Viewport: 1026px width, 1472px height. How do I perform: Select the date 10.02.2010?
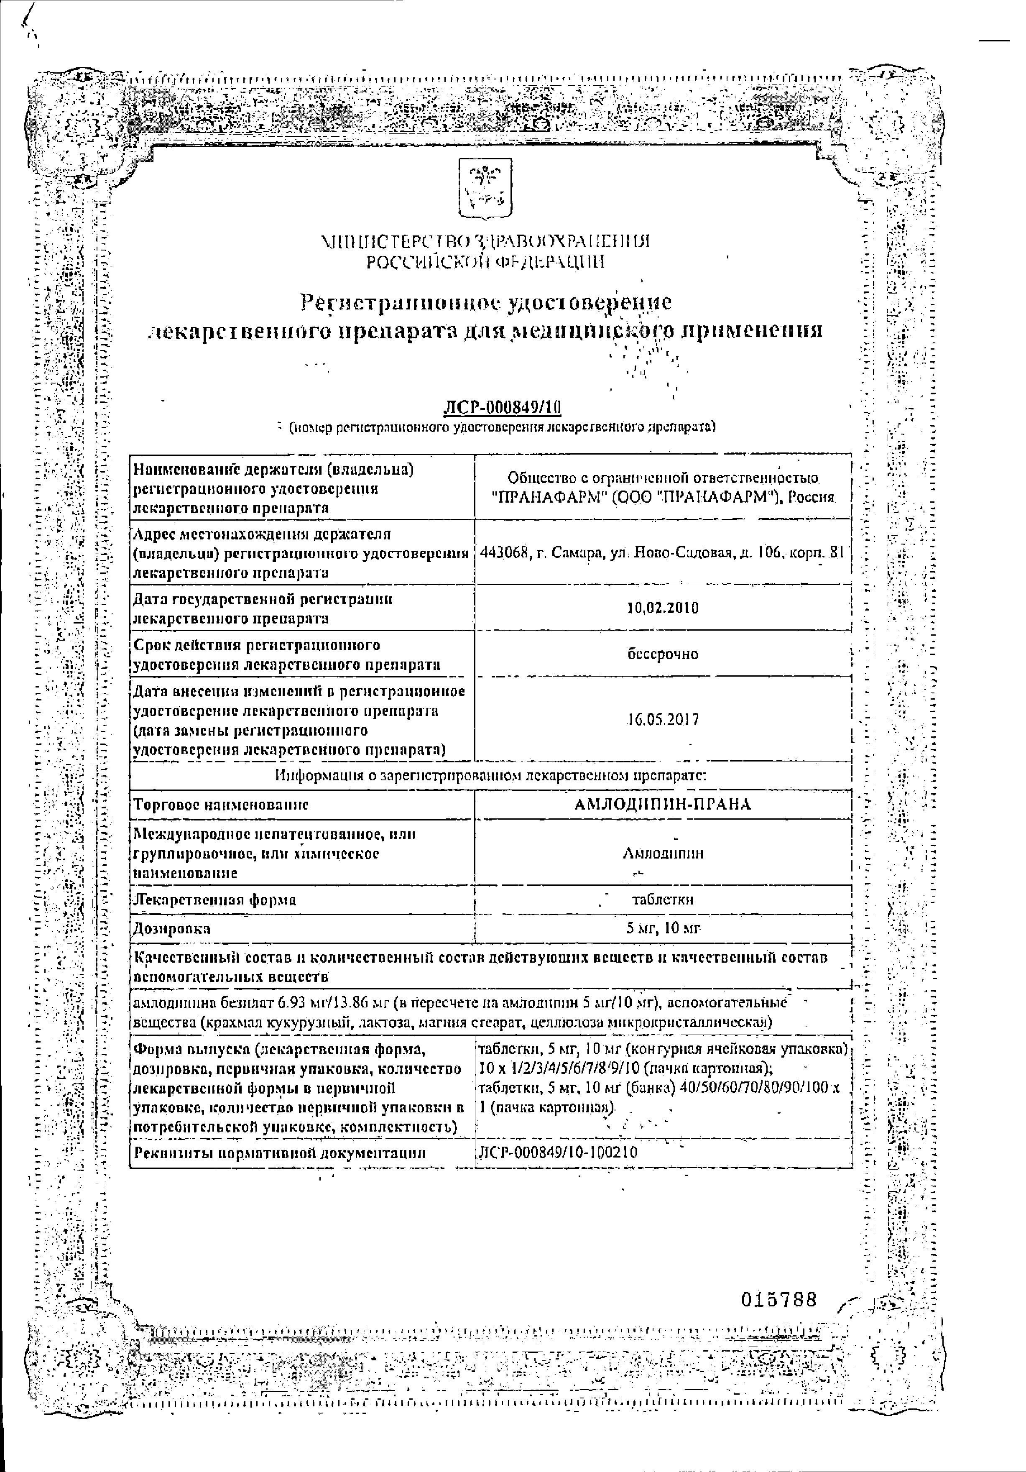click(x=663, y=608)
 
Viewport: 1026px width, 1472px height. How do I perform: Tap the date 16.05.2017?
click(x=663, y=719)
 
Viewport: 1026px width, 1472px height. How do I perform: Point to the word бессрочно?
click(x=663, y=654)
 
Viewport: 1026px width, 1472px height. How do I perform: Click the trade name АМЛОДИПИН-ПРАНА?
click(x=663, y=804)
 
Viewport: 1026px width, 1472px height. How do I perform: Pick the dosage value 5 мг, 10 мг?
click(x=663, y=928)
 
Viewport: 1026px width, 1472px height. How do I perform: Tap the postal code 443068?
click(x=503, y=553)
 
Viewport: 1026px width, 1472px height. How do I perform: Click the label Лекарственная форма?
click(x=214, y=900)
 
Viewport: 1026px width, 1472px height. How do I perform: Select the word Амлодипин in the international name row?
click(x=663, y=853)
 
